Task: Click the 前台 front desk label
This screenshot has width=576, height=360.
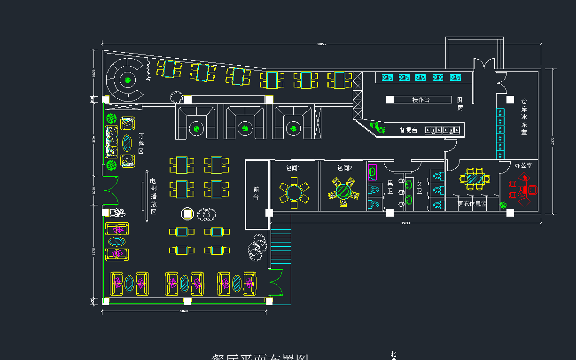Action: click(256, 193)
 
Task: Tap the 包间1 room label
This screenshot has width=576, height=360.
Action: click(293, 168)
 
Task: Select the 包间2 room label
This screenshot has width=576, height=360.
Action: click(344, 168)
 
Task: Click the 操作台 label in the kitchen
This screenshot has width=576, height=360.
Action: click(421, 100)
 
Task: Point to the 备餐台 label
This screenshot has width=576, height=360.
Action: click(408, 130)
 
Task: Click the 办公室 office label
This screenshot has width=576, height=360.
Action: click(523, 166)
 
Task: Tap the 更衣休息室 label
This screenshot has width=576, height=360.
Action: click(472, 204)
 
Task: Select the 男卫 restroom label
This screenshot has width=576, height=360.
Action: click(390, 187)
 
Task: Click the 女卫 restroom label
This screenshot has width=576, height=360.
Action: click(420, 187)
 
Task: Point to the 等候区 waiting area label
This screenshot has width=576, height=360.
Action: click(141, 143)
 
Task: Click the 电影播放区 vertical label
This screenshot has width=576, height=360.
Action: click(153, 196)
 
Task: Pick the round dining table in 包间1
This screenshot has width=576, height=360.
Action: click(294, 192)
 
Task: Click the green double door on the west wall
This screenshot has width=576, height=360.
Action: click(111, 190)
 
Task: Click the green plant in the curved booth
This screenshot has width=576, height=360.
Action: click(127, 80)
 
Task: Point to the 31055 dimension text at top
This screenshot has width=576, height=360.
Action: click(321, 44)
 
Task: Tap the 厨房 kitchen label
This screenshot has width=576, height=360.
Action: click(460, 104)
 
